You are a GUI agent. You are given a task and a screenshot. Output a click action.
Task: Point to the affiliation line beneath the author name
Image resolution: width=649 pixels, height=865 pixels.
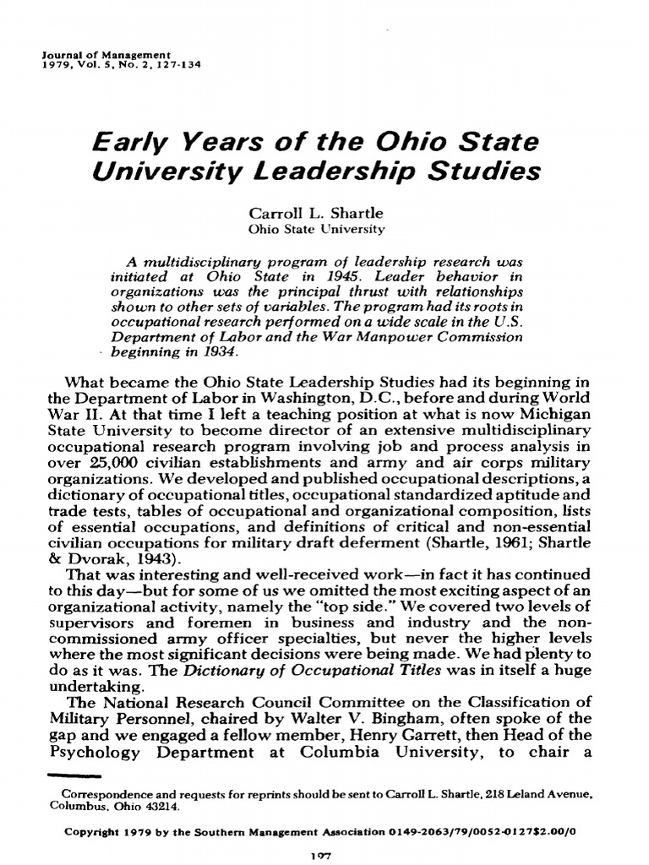tap(316, 228)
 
